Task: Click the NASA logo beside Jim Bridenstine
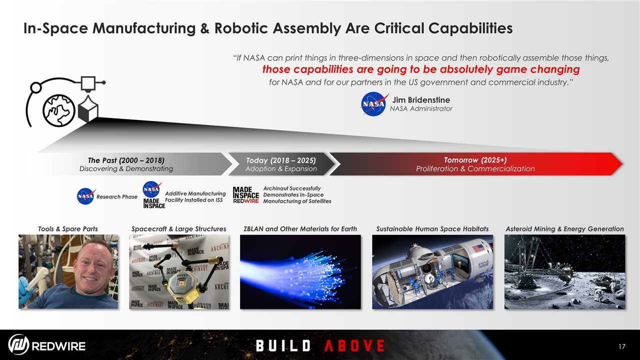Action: coord(373,104)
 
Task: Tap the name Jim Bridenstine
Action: coord(421,100)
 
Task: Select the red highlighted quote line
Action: coord(421,69)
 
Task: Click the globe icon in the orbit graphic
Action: coord(59,110)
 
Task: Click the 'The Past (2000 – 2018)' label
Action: coord(126,160)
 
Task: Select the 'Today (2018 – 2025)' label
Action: coord(281,160)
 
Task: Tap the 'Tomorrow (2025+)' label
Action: coord(475,160)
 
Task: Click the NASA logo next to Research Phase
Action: coord(86,196)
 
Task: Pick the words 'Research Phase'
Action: coord(117,197)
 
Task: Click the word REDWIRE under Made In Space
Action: coord(246,201)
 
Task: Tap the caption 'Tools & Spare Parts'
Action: coord(68,229)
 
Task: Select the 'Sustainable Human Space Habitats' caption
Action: coord(432,229)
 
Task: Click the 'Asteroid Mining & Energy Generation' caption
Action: coord(564,229)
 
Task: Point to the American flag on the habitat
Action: coord(478,248)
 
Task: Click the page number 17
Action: coord(622,346)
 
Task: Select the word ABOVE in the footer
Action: coord(354,345)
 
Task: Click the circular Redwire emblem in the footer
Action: coord(18,344)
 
